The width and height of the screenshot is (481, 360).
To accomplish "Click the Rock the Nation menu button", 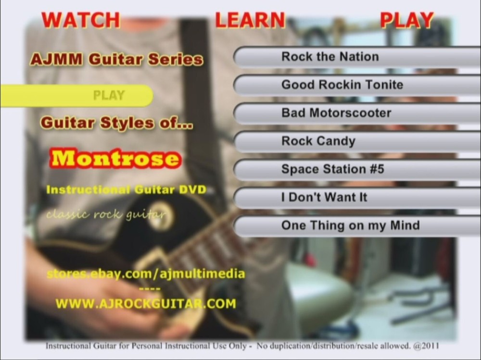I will [x=330, y=57].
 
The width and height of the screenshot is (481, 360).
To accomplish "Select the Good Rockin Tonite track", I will [x=342, y=85].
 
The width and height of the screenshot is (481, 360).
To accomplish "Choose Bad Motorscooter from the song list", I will [x=336, y=113].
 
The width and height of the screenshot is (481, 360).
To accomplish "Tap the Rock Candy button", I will [x=318, y=141].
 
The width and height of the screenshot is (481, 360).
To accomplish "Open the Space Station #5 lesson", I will [x=332, y=170].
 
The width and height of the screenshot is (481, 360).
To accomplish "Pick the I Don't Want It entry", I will [x=324, y=198].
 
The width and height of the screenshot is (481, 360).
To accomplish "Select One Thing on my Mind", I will [x=350, y=225].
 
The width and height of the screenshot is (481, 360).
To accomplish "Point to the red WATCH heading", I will [x=80, y=20].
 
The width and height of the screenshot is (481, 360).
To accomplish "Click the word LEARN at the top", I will [x=250, y=20].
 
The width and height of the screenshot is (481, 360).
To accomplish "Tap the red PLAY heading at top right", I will [x=406, y=20].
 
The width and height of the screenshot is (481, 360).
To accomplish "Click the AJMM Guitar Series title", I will [x=116, y=60].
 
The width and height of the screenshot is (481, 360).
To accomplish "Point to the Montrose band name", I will [x=115, y=159].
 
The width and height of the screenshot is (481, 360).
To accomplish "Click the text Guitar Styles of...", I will [x=116, y=123].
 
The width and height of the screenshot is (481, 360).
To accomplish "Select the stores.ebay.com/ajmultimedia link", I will [x=146, y=274].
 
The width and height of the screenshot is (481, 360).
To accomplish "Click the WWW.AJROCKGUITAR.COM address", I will [x=146, y=304].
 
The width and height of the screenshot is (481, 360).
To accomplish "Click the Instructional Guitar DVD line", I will [x=126, y=190].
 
